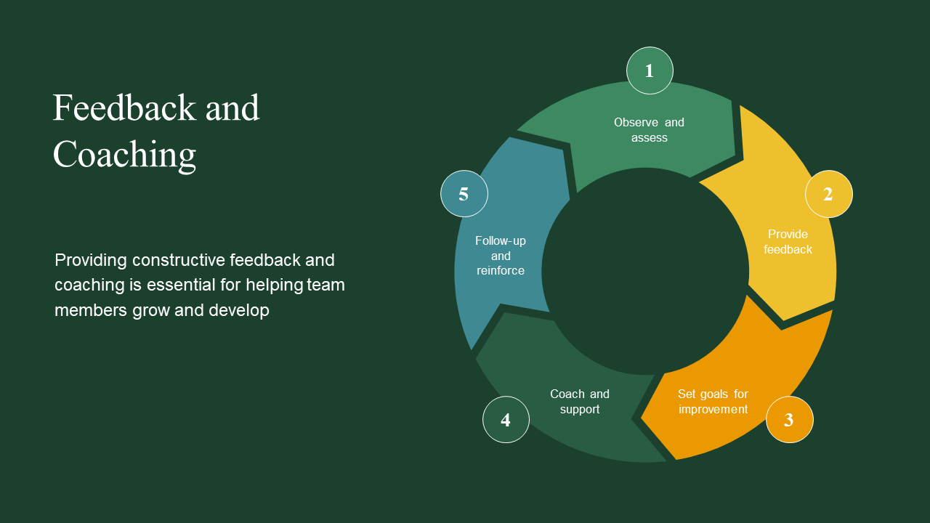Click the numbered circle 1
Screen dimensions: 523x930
(650, 70)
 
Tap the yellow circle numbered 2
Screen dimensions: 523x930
(828, 194)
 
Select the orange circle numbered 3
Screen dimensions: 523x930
(789, 420)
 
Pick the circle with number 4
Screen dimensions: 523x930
(506, 420)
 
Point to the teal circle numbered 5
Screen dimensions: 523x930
(464, 194)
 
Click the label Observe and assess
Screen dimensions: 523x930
(649, 130)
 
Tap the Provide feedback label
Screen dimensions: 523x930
(788, 242)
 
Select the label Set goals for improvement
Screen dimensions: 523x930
(713, 402)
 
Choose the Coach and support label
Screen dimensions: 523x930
(580, 402)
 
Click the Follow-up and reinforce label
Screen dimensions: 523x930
(501, 256)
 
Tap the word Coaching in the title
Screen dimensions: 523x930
(124, 155)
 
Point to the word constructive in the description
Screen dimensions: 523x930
(179, 260)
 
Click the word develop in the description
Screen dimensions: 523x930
(239, 310)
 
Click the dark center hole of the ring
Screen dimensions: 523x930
(645, 271)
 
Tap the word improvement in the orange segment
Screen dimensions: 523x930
(713, 410)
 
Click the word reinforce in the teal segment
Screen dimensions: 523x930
(501, 271)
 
